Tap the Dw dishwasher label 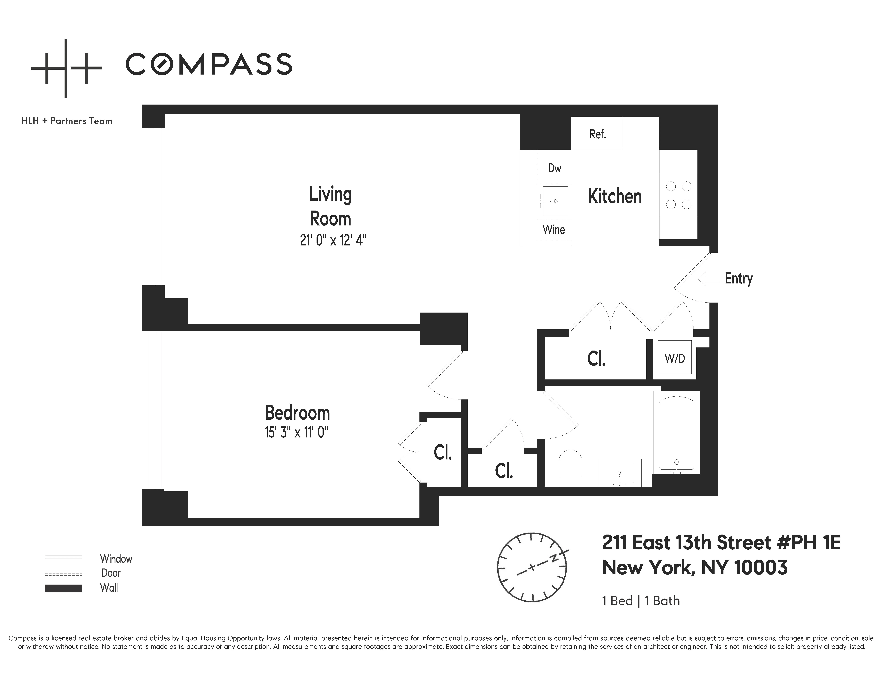coord(554,168)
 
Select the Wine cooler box coord(554,230)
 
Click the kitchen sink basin coord(555,201)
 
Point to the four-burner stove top coord(679,195)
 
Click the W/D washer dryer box coord(675,358)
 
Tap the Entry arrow coord(708,279)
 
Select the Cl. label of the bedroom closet coord(442,452)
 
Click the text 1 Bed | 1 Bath coord(641,601)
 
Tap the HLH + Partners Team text coord(67,121)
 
